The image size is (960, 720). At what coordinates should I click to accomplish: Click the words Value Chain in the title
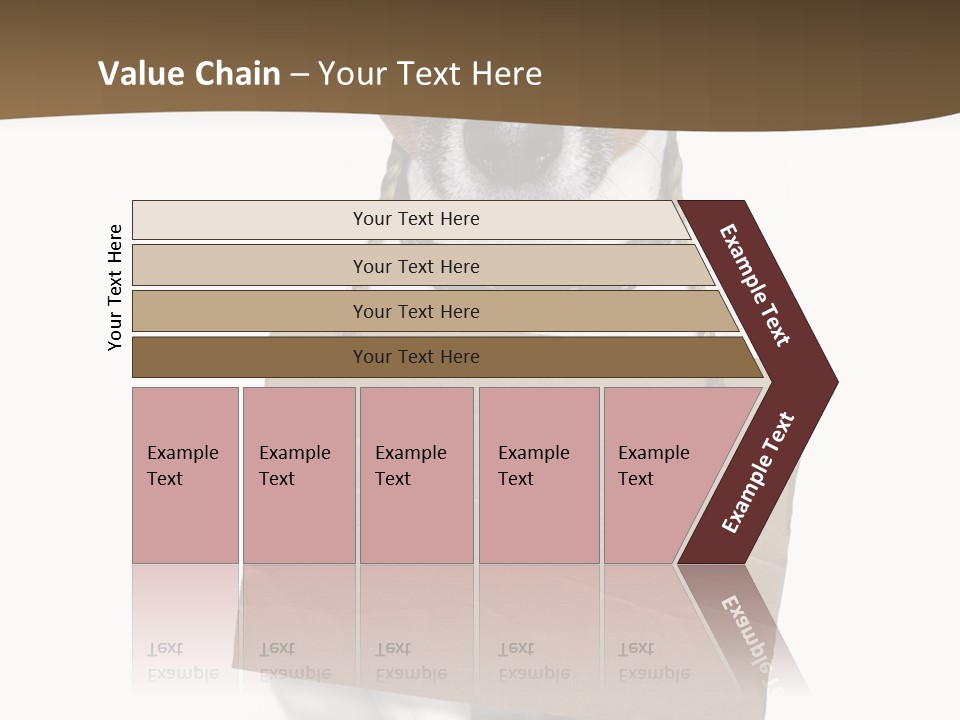point(189,74)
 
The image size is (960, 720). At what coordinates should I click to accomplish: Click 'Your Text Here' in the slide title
point(430,74)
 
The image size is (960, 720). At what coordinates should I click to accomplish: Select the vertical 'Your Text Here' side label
point(115,287)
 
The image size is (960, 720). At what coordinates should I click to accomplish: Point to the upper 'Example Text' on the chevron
point(755,285)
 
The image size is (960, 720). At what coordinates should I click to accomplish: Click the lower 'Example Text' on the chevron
point(758,473)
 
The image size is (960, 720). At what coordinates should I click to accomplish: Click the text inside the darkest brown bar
point(416,357)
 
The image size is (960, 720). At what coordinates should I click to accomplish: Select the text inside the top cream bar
point(416,219)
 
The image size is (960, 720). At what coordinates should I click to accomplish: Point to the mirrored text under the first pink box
point(182,661)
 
